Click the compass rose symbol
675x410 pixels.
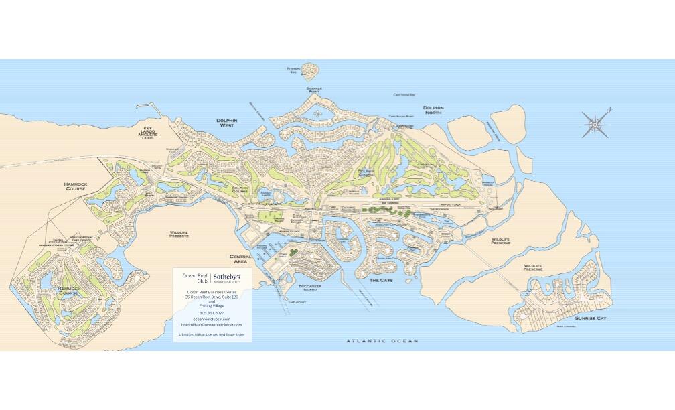click(x=595, y=123)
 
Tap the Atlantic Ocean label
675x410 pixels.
click(x=382, y=341)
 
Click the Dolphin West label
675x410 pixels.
click(x=228, y=123)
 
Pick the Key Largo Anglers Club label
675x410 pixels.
click(x=149, y=133)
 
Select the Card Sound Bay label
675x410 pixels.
click(x=404, y=95)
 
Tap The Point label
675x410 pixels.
click(x=295, y=302)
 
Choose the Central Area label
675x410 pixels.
click(x=240, y=259)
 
